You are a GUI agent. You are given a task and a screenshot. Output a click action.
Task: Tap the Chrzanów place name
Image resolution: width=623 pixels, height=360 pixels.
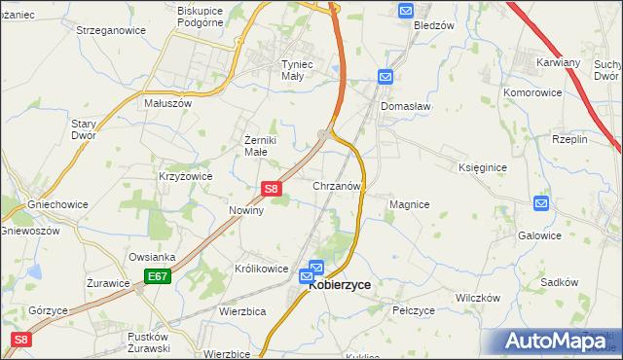[338, 185]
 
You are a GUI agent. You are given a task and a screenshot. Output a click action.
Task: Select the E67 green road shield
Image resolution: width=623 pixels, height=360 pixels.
[159, 277]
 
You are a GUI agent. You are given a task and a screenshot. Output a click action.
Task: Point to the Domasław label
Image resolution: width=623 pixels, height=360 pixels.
[406, 105]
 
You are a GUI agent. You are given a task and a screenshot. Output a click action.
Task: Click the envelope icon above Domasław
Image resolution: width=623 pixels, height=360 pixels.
[385, 77]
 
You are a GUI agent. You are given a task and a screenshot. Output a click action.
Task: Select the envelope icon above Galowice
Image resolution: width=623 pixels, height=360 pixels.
[541, 203]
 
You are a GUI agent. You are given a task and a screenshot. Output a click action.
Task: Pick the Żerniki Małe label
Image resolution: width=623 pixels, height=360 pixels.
[262, 145]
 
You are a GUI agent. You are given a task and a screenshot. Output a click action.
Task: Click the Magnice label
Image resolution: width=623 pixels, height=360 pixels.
[409, 204]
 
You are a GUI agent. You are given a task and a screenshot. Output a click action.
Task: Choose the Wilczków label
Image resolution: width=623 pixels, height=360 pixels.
[477, 297]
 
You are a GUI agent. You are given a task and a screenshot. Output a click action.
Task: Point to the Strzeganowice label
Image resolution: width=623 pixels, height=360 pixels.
[111, 30]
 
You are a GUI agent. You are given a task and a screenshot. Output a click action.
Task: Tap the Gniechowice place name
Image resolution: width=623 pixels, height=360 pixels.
[57, 205]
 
